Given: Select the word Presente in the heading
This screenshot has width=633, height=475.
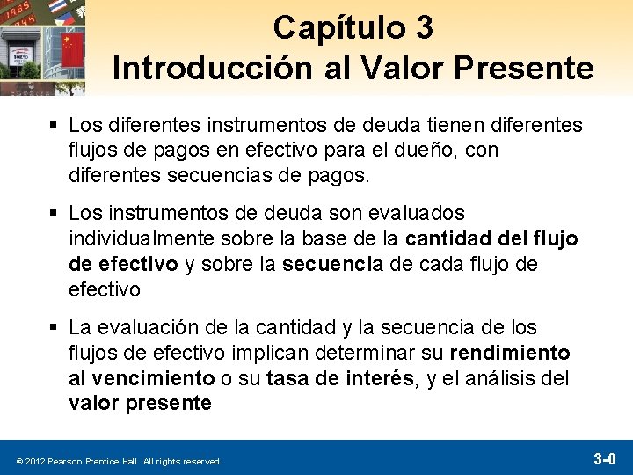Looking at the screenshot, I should click(536, 68).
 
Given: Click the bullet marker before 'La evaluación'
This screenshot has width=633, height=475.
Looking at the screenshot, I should click(55, 328).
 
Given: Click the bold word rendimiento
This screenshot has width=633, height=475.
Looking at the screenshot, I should click(509, 354).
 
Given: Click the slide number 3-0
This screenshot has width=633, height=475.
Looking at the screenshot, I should click(604, 459).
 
